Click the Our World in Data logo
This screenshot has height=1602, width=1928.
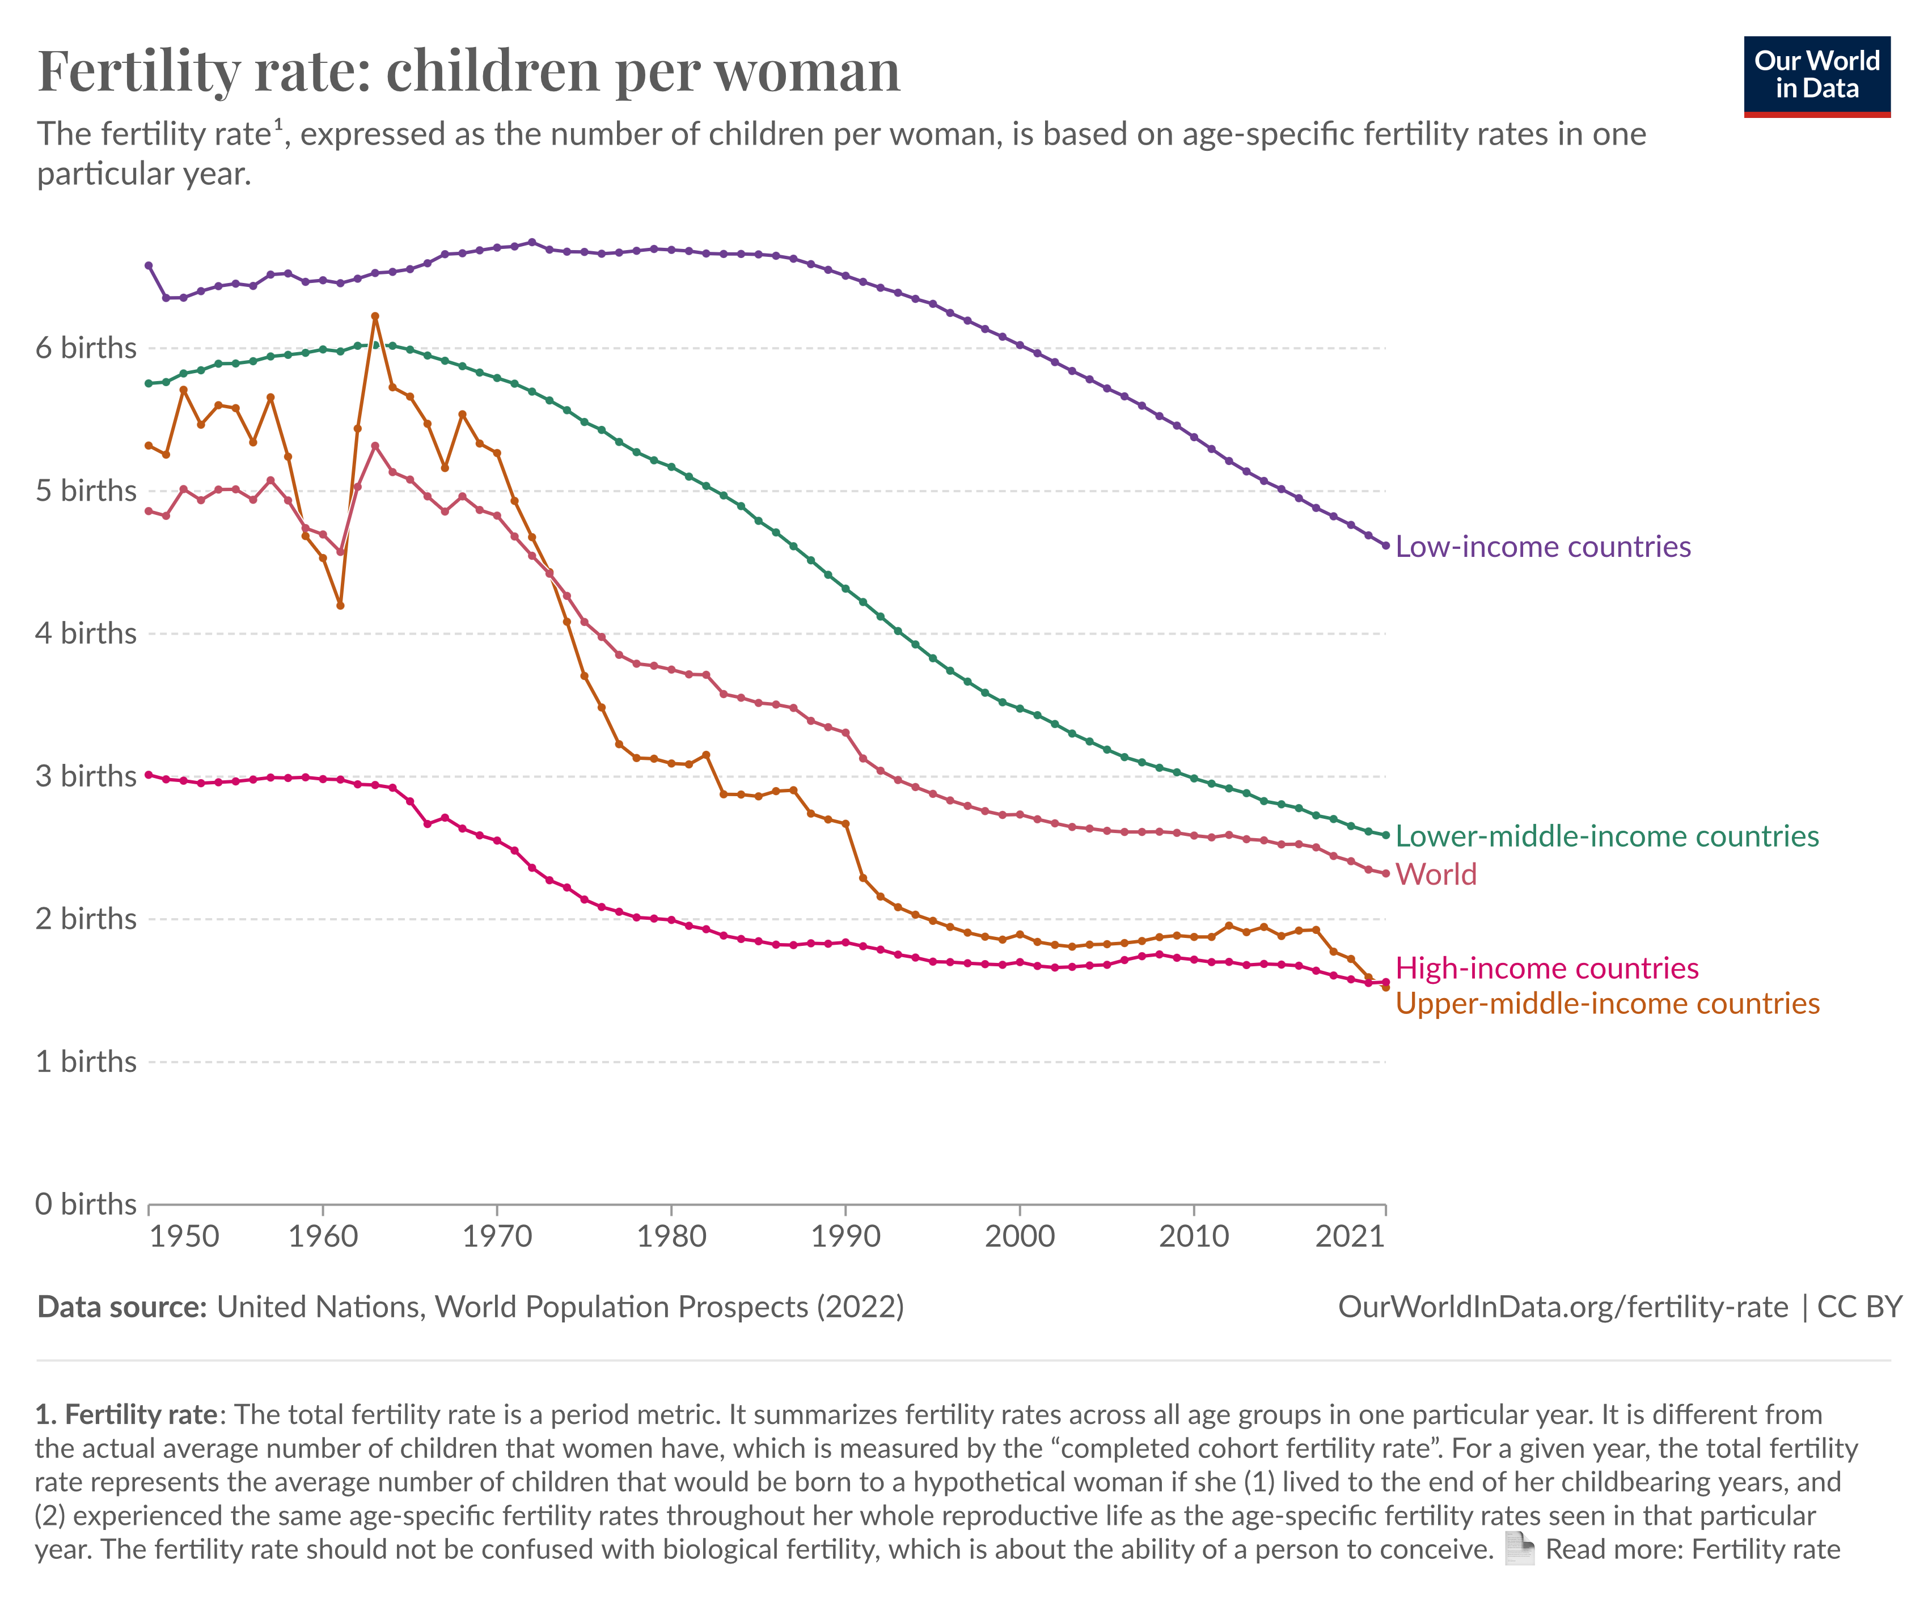pos(1816,76)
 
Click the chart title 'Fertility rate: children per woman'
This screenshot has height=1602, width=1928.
pos(468,71)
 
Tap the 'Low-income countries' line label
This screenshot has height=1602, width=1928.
pos(1542,547)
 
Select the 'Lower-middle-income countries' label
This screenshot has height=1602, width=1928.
pos(1606,836)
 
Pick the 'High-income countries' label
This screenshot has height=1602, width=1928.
pos(1547,969)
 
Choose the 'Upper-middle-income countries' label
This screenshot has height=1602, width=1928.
pos(1606,1003)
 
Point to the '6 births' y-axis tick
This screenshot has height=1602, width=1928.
pos(86,349)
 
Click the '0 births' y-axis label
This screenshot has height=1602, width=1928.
pos(86,1204)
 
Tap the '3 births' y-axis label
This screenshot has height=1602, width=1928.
pos(86,777)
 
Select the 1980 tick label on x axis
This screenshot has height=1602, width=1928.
pos(671,1237)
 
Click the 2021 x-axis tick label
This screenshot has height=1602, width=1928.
pos(1350,1237)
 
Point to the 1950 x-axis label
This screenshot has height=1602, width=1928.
pos(184,1237)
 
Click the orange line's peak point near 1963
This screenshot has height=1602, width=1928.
pos(375,316)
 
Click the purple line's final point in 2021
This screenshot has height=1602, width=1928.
pos(1385,546)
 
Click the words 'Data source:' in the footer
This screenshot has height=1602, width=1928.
pos(122,1307)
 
